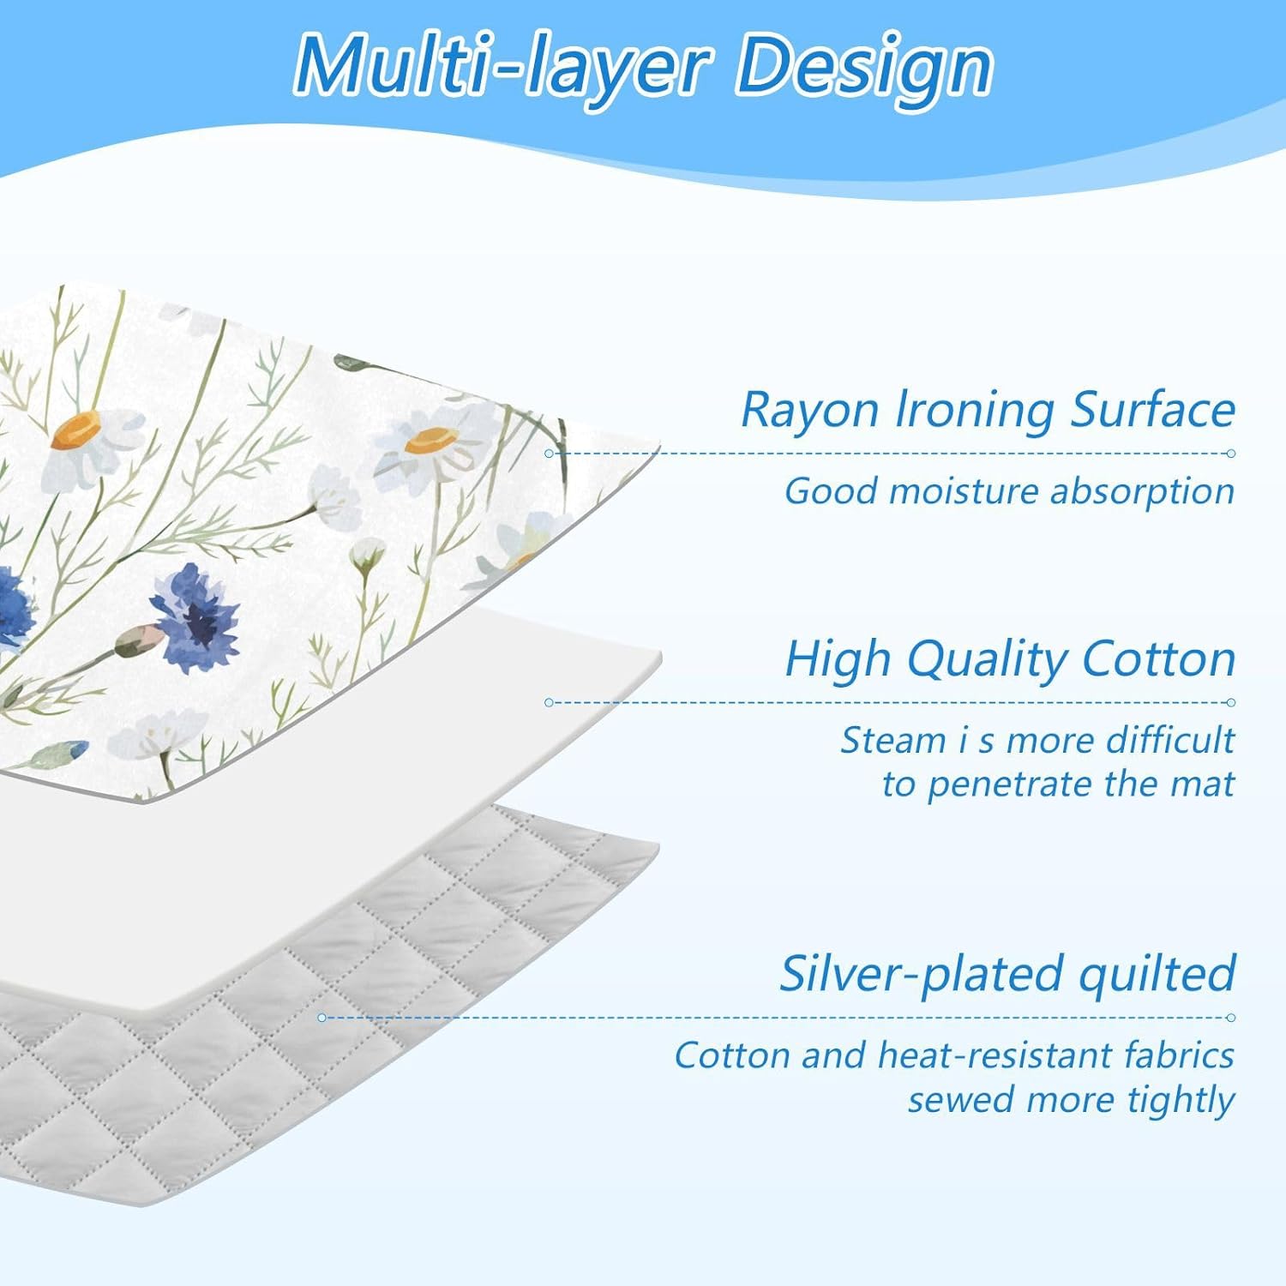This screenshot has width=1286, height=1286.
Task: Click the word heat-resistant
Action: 994,1055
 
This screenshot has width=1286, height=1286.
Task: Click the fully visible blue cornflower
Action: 195,605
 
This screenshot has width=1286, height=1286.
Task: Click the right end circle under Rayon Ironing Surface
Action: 1231,454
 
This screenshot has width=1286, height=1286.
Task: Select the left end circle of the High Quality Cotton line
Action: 549,703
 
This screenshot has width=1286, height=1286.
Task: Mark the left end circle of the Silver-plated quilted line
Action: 321,1018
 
